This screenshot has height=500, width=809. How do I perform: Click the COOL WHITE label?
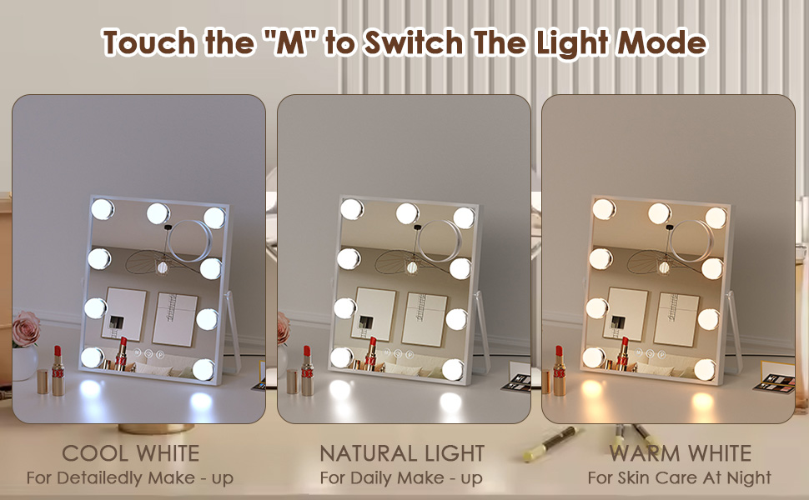click(131, 453)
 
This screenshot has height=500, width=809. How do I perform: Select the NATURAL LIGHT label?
click(402, 453)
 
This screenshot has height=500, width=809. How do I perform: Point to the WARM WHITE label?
click(680, 453)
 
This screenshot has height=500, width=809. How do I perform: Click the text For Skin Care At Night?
click(680, 478)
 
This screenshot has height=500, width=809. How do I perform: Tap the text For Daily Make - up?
click(402, 478)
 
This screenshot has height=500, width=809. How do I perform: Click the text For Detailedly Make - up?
click(130, 478)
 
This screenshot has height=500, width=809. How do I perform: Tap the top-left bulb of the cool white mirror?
click(102, 208)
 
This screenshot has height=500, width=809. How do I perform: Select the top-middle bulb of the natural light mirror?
click(407, 213)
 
